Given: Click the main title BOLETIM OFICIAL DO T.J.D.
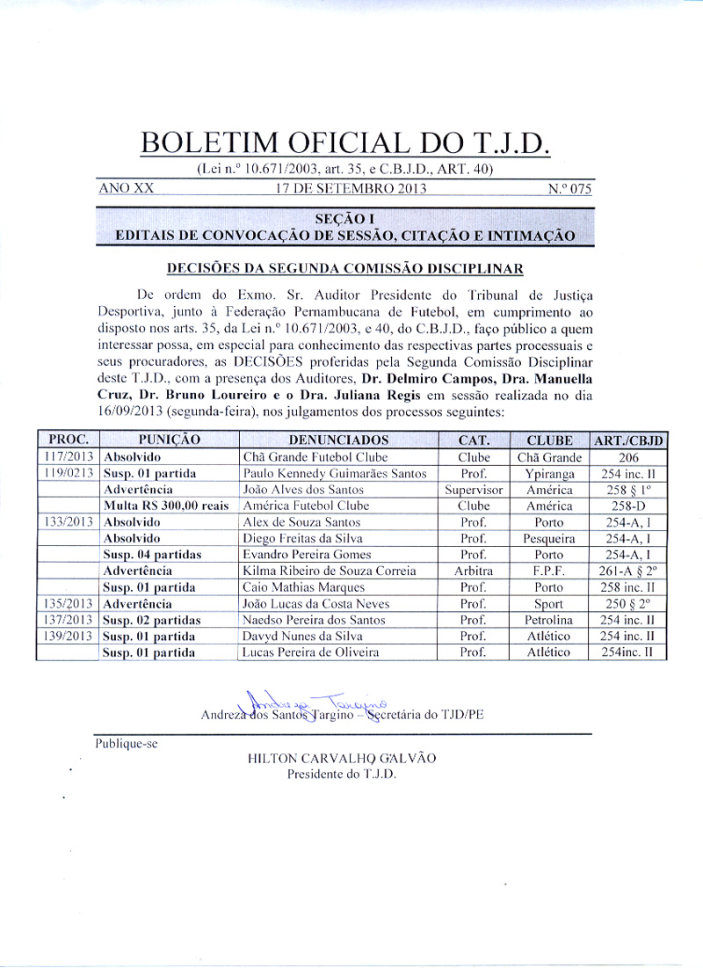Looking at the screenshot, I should click(344, 142).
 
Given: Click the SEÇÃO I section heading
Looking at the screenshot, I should click(344, 218).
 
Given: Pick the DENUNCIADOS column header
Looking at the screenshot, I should click(338, 440).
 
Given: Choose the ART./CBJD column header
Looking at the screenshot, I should click(629, 440).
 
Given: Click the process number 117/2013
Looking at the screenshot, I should click(69, 457).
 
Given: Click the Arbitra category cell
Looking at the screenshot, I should click(475, 571).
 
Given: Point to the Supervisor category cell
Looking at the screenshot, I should click(475, 490).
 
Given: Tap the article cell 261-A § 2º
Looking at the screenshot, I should click(629, 571).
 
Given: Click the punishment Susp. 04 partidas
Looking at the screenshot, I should click(152, 555).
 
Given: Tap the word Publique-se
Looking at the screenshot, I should click(127, 744).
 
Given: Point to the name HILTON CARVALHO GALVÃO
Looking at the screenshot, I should click(342, 759).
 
